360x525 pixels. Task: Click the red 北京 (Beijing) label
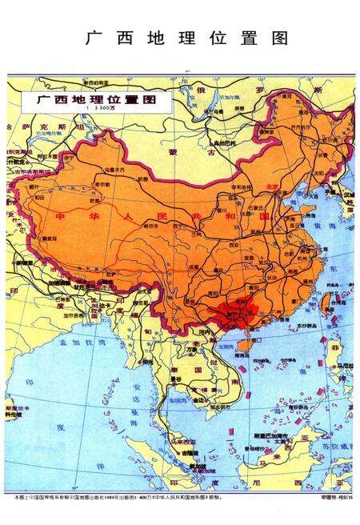tap(271, 186)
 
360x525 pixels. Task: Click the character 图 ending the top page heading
tap(280, 38)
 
